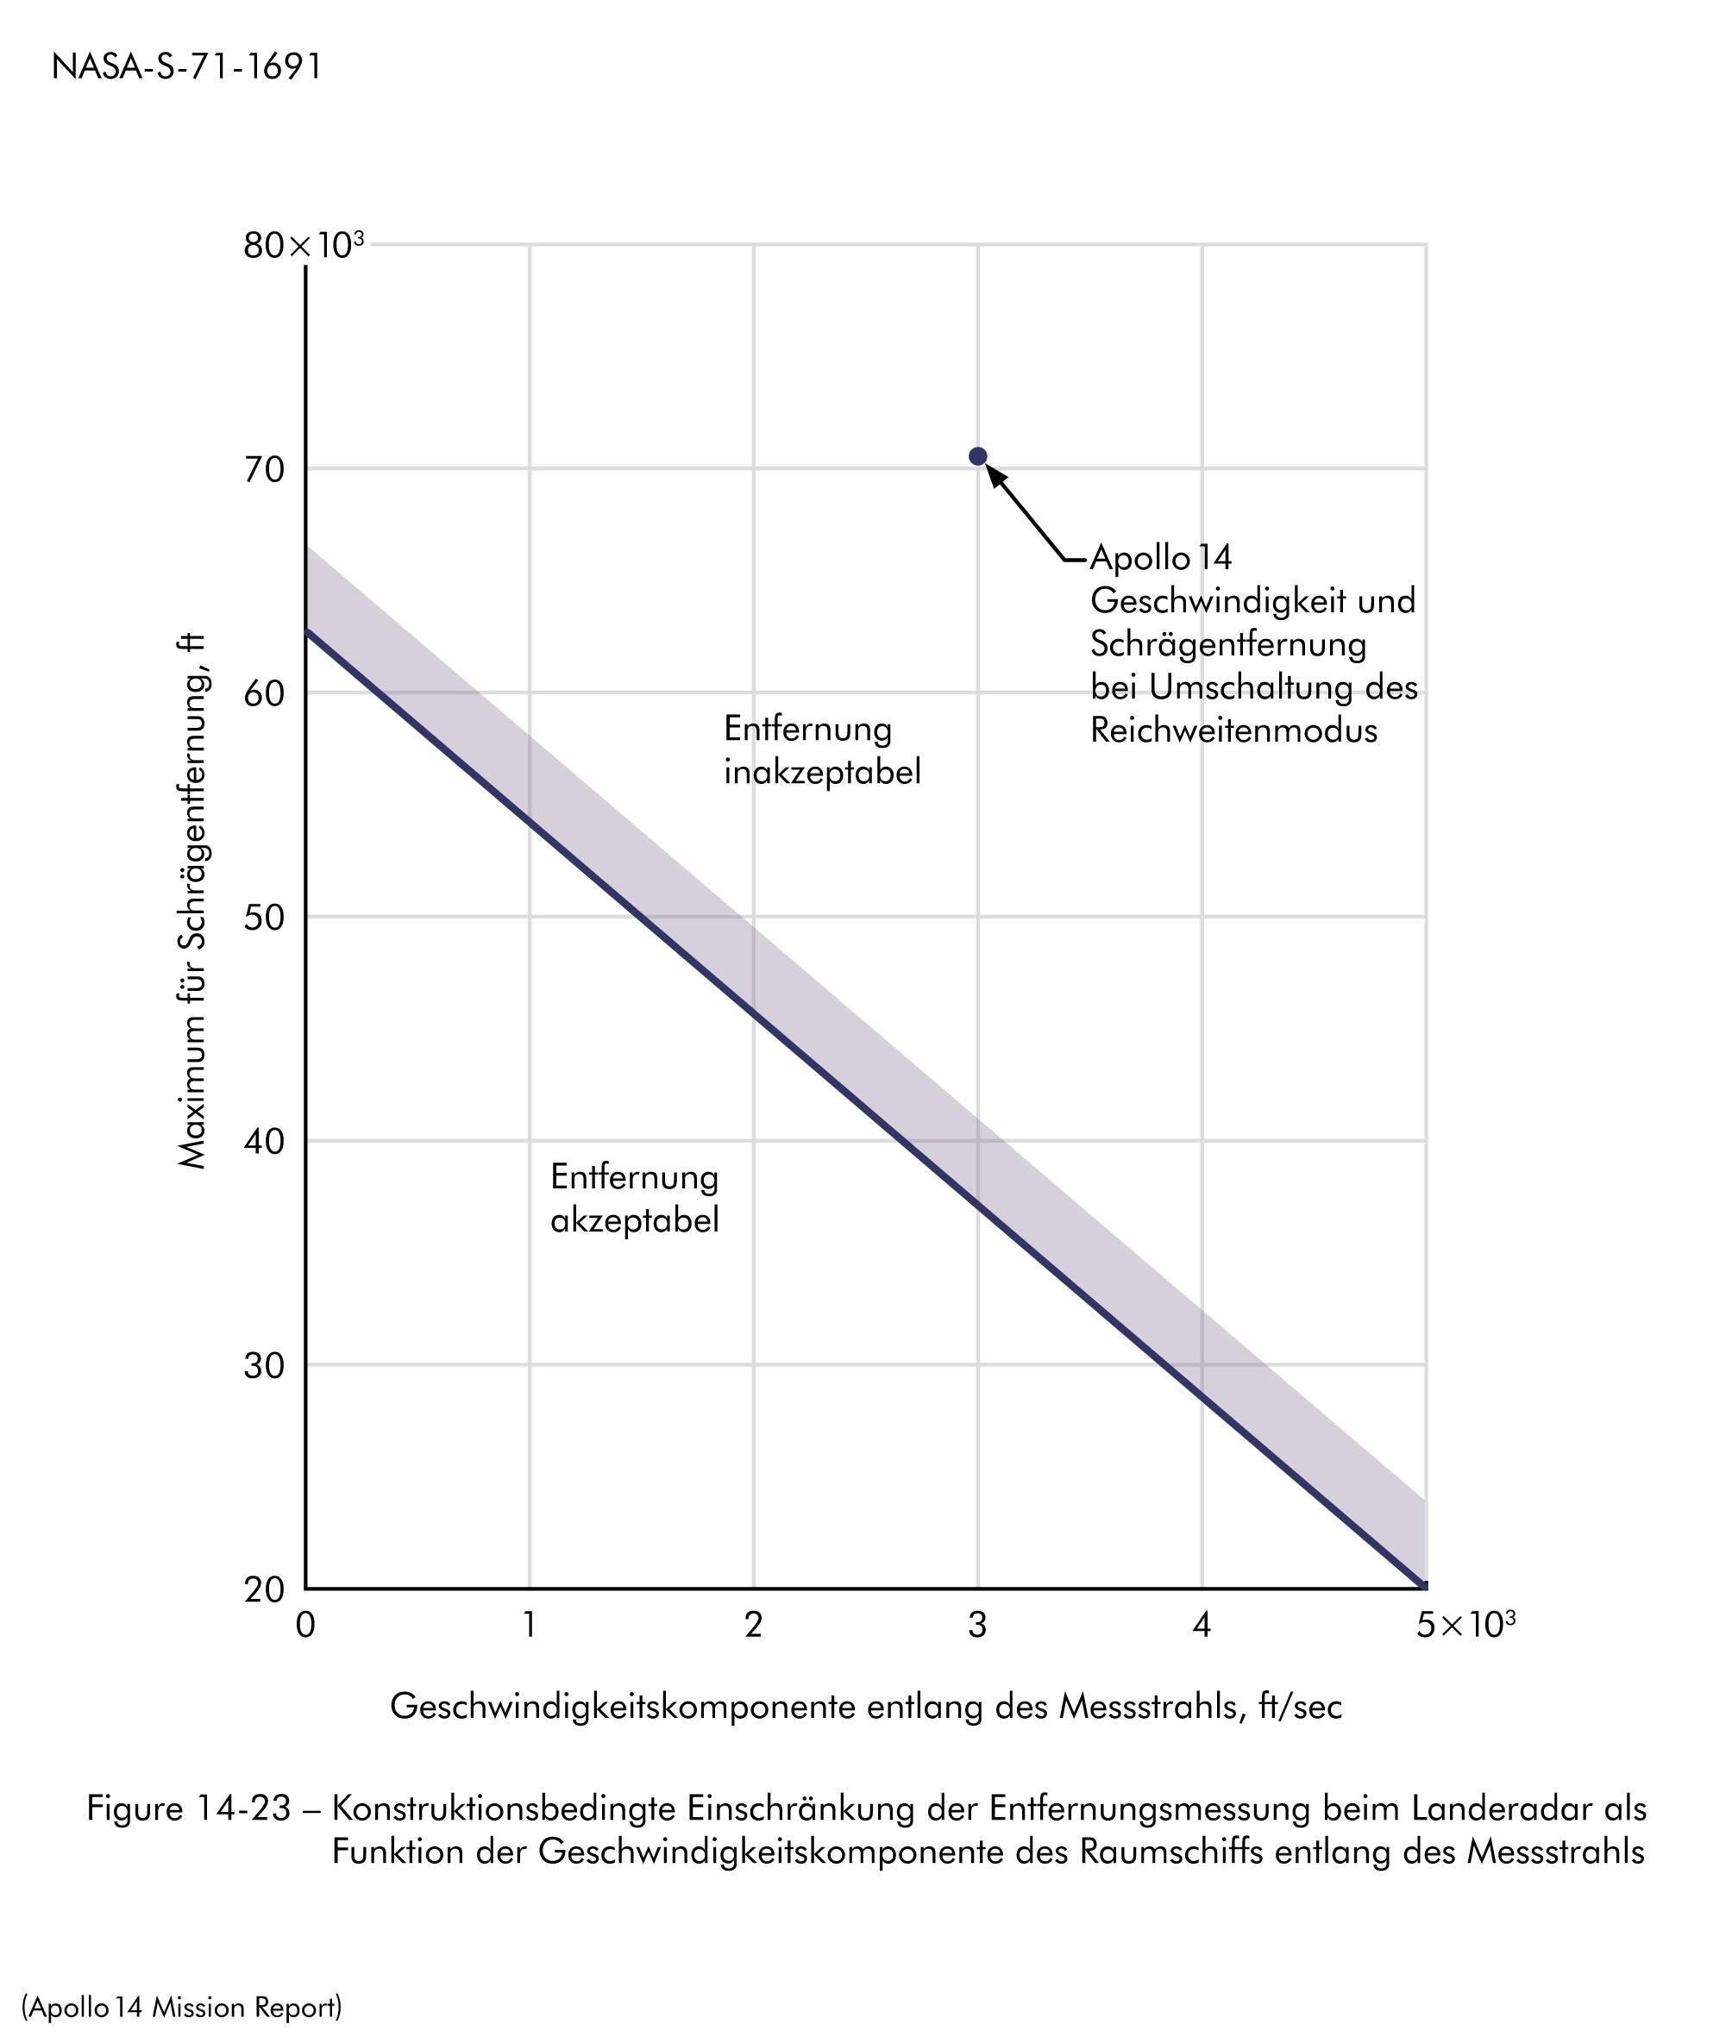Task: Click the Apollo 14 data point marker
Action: tap(978, 456)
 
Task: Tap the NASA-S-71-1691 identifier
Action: tap(186, 66)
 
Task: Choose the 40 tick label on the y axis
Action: tap(264, 1142)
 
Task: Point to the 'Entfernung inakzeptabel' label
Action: tap(822, 750)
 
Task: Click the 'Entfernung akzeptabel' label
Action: tap(634, 1198)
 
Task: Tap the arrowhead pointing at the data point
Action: tap(996, 476)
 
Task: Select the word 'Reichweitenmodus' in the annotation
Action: tap(1233, 730)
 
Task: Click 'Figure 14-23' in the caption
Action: tap(189, 1808)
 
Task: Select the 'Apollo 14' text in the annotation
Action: tap(1160, 558)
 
